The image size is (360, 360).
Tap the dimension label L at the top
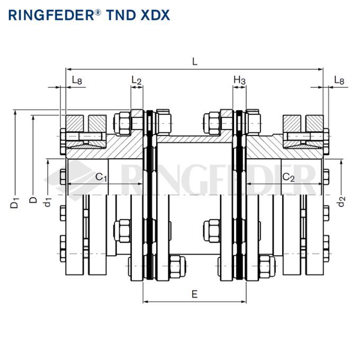pyautogui.click(x=195, y=61)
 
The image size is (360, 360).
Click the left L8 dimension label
pyautogui.click(x=77, y=80)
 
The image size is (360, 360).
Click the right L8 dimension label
pyautogui.click(x=339, y=80)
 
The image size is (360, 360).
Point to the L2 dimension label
pyautogui.click(x=137, y=80)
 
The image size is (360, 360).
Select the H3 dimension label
pyautogui.click(x=240, y=80)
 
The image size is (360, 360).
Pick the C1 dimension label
pyautogui.click(x=101, y=177)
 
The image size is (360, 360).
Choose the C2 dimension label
pyautogui.click(x=288, y=177)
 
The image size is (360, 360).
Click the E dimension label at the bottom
pyautogui.click(x=194, y=294)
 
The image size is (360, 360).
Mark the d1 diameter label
pyautogui.click(x=48, y=201)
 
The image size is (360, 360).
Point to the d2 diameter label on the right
pyautogui.click(x=341, y=201)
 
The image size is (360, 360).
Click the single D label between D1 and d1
pyautogui.click(x=33, y=200)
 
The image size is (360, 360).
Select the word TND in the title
pyautogui.click(x=123, y=15)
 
